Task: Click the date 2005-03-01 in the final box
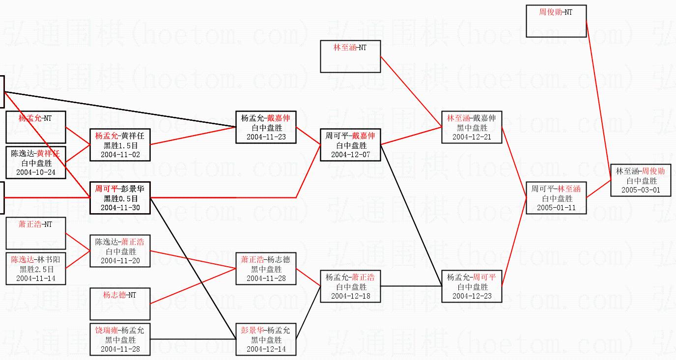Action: (x=641, y=190)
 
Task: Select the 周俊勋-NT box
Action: (x=556, y=21)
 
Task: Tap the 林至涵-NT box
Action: (x=350, y=56)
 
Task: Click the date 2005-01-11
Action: (x=556, y=207)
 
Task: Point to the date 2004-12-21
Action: (x=472, y=137)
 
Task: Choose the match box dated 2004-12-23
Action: (x=472, y=286)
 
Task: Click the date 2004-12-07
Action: (x=350, y=154)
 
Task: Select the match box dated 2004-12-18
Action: (x=350, y=286)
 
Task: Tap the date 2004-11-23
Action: (x=266, y=137)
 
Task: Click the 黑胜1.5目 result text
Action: (x=120, y=145)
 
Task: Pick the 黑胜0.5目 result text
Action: (x=120, y=198)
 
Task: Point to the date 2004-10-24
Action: (x=35, y=172)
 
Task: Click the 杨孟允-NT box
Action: (x=35, y=127)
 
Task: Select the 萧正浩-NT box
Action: (x=35, y=233)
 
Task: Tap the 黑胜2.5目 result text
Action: (x=35, y=269)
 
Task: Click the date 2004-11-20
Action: (x=120, y=260)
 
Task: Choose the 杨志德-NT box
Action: (x=120, y=304)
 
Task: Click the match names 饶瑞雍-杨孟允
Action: (x=120, y=331)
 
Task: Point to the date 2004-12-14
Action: (x=266, y=349)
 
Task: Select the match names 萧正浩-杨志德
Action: (x=266, y=260)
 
